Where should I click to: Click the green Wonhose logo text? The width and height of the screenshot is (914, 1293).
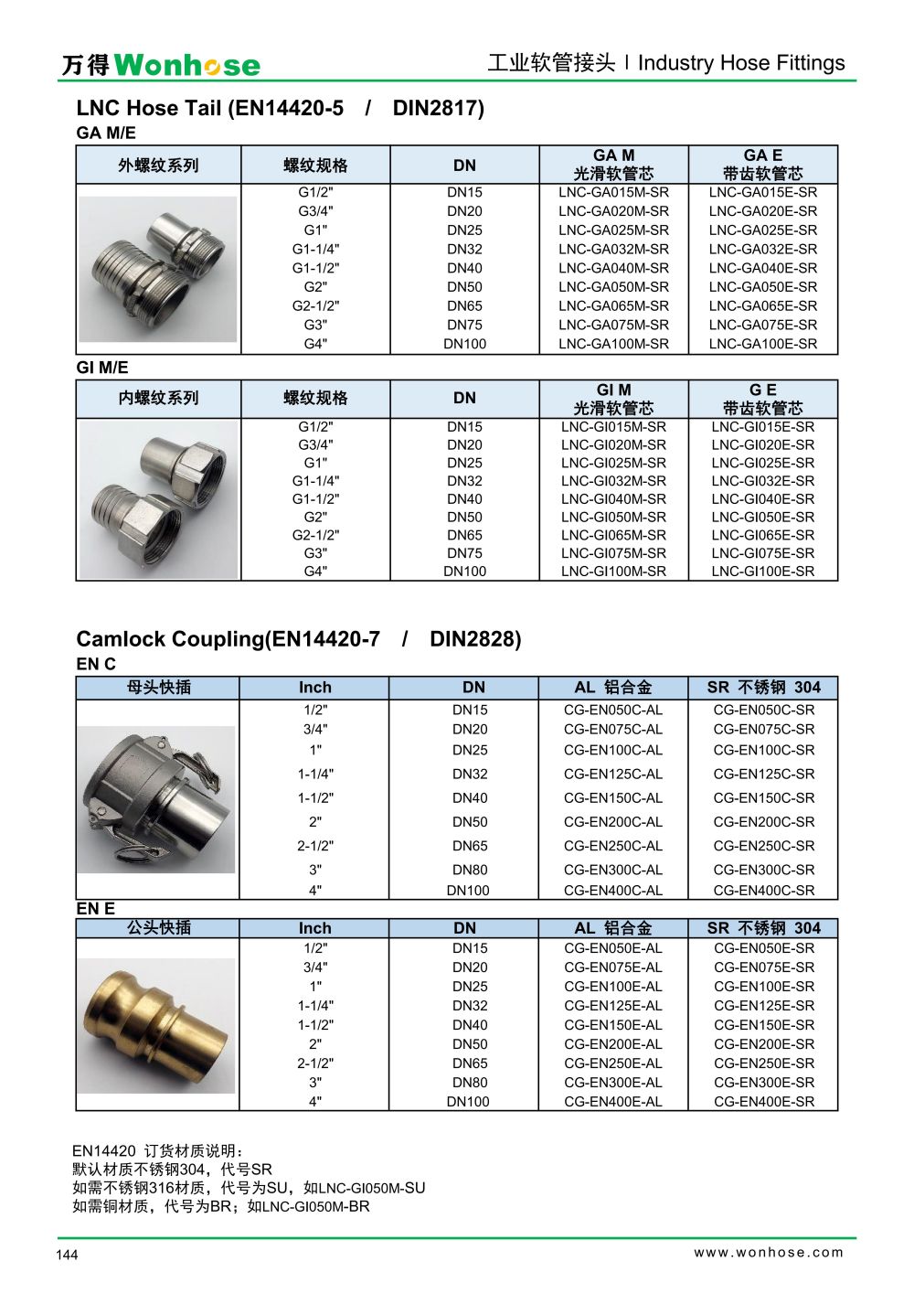coord(186,65)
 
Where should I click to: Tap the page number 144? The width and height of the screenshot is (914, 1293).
coord(67,1255)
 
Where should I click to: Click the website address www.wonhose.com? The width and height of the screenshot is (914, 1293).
coord(769,1253)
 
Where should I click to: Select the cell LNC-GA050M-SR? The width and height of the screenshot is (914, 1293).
coord(613,287)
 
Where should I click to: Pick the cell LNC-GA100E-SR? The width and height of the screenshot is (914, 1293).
coord(763,344)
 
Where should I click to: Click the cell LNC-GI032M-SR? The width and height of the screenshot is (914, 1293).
coord(613,481)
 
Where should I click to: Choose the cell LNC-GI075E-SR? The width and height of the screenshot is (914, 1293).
coord(763,553)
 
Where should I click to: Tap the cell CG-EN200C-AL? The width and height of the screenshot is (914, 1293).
coord(613,822)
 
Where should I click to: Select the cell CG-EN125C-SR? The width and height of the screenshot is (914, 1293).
coord(764,774)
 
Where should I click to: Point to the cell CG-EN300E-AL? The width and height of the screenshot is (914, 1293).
coord(613,1083)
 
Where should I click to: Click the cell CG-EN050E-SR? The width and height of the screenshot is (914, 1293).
coord(764,948)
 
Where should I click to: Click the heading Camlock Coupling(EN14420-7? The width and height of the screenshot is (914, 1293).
coord(228,639)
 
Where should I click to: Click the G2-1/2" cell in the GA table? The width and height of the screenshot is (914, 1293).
coord(315,306)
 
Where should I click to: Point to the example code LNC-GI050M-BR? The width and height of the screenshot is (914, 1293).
coord(316,1207)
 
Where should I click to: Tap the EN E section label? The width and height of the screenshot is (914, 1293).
coord(96,909)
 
